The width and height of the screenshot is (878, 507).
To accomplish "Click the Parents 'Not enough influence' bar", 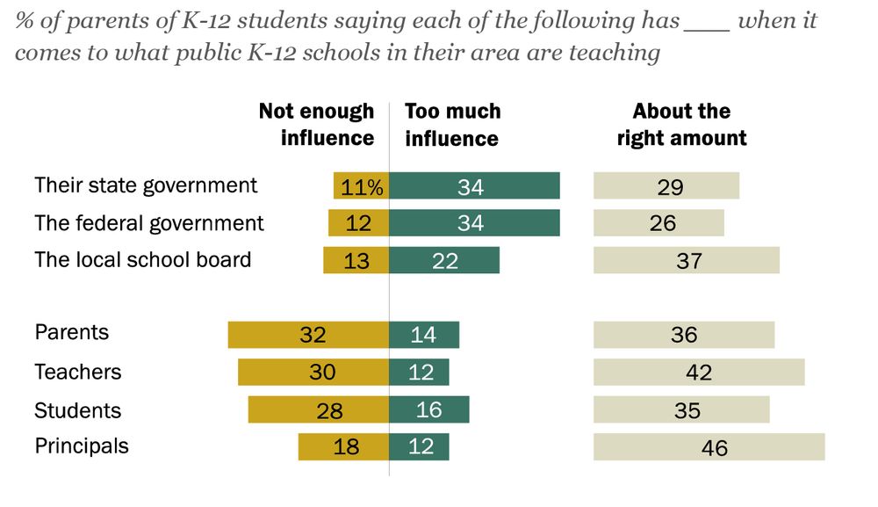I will [308, 335].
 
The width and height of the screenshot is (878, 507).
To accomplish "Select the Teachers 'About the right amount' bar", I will [699, 373].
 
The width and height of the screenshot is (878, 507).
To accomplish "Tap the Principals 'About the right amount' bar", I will [709, 447].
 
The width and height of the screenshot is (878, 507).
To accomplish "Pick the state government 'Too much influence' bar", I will [474, 186].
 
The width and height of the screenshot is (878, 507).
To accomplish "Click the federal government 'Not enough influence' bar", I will [358, 223].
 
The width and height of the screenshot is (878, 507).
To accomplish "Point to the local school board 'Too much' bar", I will [444, 260].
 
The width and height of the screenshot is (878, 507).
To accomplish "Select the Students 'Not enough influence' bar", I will [318, 410].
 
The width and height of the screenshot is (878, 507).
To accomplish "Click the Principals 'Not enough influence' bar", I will [343, 447].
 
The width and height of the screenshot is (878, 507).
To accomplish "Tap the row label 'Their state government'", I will [146, 185].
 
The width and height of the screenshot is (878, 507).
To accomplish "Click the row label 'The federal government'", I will [149, 223].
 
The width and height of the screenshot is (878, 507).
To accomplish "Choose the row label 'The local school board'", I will [143, 260].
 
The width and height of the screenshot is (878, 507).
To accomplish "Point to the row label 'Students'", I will [78, 410].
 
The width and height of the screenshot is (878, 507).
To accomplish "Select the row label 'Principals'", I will [82, 446].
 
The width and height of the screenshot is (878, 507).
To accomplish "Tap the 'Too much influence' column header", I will [452, 124].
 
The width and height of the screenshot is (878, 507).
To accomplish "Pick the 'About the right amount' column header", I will [681, 124].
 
